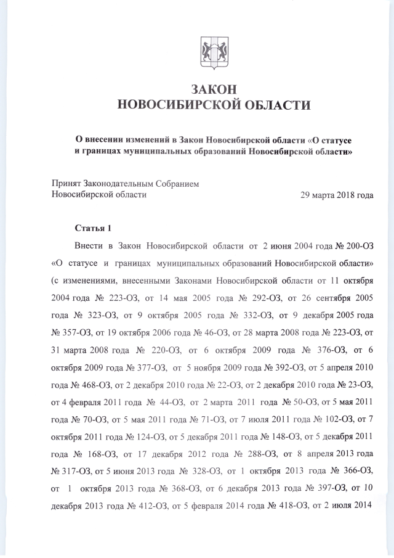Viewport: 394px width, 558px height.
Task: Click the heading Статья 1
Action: tap(93, 229)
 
